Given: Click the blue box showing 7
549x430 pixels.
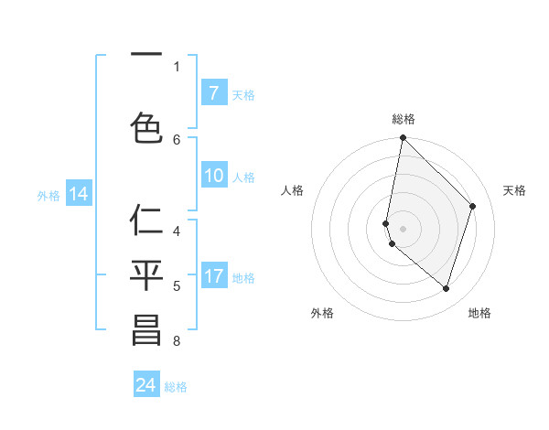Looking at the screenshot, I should [x=213, y=93].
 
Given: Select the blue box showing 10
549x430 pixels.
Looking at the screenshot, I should [x=213, y=177].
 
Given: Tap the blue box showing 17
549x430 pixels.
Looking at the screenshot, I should [x=213, y=277].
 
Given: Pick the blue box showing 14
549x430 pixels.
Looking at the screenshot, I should [x=78, y=194].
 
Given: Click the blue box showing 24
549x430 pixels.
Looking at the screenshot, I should [x=146, y=385].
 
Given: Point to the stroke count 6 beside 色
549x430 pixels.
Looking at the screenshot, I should [x=177, y=139].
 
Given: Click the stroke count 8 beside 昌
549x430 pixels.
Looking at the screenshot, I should [x=177, y=342].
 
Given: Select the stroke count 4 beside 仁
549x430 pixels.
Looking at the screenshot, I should [x=177, y=231].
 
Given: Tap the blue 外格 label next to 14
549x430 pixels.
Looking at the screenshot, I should [x=48, y=195].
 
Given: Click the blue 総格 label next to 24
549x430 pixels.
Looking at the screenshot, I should [x=176, y=387].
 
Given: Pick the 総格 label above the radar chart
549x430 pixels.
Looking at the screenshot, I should [x=403, y=119].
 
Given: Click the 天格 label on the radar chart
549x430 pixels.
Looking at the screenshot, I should [x=515, y=190].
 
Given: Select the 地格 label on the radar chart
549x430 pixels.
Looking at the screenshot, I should [x=479, y=313].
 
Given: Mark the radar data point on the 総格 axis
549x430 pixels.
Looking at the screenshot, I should [x=403, y=138].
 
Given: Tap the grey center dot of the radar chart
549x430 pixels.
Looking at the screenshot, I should [x=403, y=229].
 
